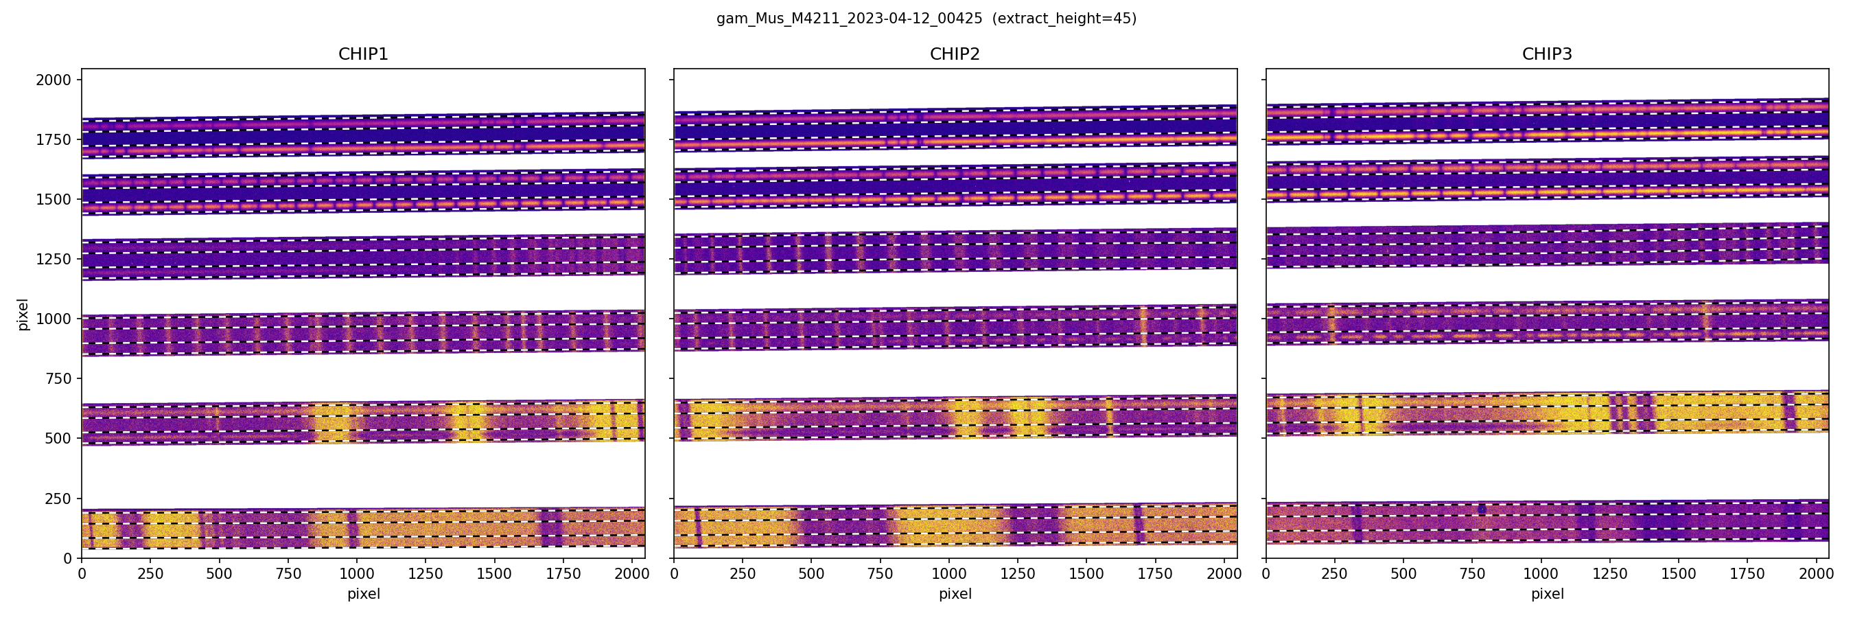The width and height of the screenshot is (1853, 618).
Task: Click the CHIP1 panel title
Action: tap(363, 54)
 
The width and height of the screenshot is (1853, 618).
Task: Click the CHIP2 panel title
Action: tap(955, 54)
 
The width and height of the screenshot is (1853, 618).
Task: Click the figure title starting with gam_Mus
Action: tap(849, 19)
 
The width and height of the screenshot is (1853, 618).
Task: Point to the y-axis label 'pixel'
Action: tap(23, 314)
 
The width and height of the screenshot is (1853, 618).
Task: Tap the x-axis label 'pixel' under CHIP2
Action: tap(955, 594)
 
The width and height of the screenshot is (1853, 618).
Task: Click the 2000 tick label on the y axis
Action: tap(54, 80)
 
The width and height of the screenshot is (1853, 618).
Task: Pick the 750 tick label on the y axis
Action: tap(58, 379)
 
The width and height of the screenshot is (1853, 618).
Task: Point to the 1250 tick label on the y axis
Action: tap(54, 259)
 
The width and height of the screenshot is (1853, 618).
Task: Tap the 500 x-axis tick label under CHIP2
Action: tap(811, 574)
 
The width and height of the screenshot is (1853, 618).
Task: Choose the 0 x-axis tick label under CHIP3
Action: tap(1266, 574)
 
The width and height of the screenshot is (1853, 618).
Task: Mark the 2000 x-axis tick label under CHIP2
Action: tap(1224, 574)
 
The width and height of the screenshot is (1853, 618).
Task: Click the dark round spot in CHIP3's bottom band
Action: tap(1482, 510)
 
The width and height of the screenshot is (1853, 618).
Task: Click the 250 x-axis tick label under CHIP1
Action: tap(150, 574)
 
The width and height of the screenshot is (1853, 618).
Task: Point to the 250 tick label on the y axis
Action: tap(58, 499)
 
